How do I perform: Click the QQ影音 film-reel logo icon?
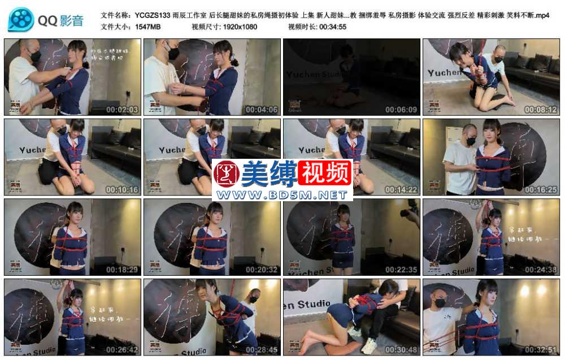click(21, 20)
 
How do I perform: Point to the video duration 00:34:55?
click(333, 27)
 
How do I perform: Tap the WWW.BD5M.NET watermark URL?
click(282, 195)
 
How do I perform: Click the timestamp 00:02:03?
click(122, 110)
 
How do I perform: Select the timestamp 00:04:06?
click(262, 110)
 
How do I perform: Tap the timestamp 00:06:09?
click(401, 110)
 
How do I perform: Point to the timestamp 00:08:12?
click(541, 110)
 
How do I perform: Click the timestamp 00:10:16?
click(122, 190)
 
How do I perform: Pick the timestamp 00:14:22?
click(401, 190)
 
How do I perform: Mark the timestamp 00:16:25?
click(541, 190)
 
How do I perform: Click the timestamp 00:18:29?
click(122, 270)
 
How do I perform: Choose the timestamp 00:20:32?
click(262, 270)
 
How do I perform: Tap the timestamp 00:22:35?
click(401, 270)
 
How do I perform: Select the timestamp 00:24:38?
click(541, 270)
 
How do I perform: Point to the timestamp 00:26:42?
click(122, 350)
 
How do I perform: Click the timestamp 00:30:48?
click(401, 350)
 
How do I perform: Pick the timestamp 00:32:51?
click(541, 350)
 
